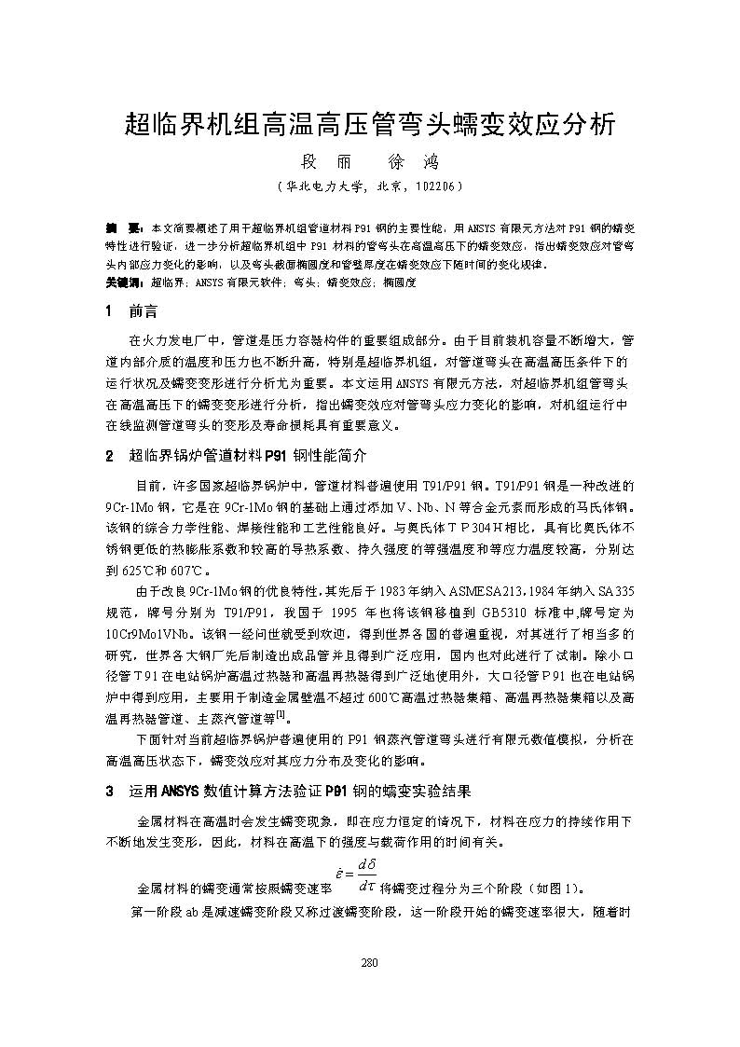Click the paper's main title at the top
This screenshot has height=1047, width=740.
coord(370,124)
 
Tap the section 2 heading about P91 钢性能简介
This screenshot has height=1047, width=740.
coord(249,457)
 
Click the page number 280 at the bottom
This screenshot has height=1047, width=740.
coord(369,963)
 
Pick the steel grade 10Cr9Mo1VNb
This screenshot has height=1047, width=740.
coord(153,633)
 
